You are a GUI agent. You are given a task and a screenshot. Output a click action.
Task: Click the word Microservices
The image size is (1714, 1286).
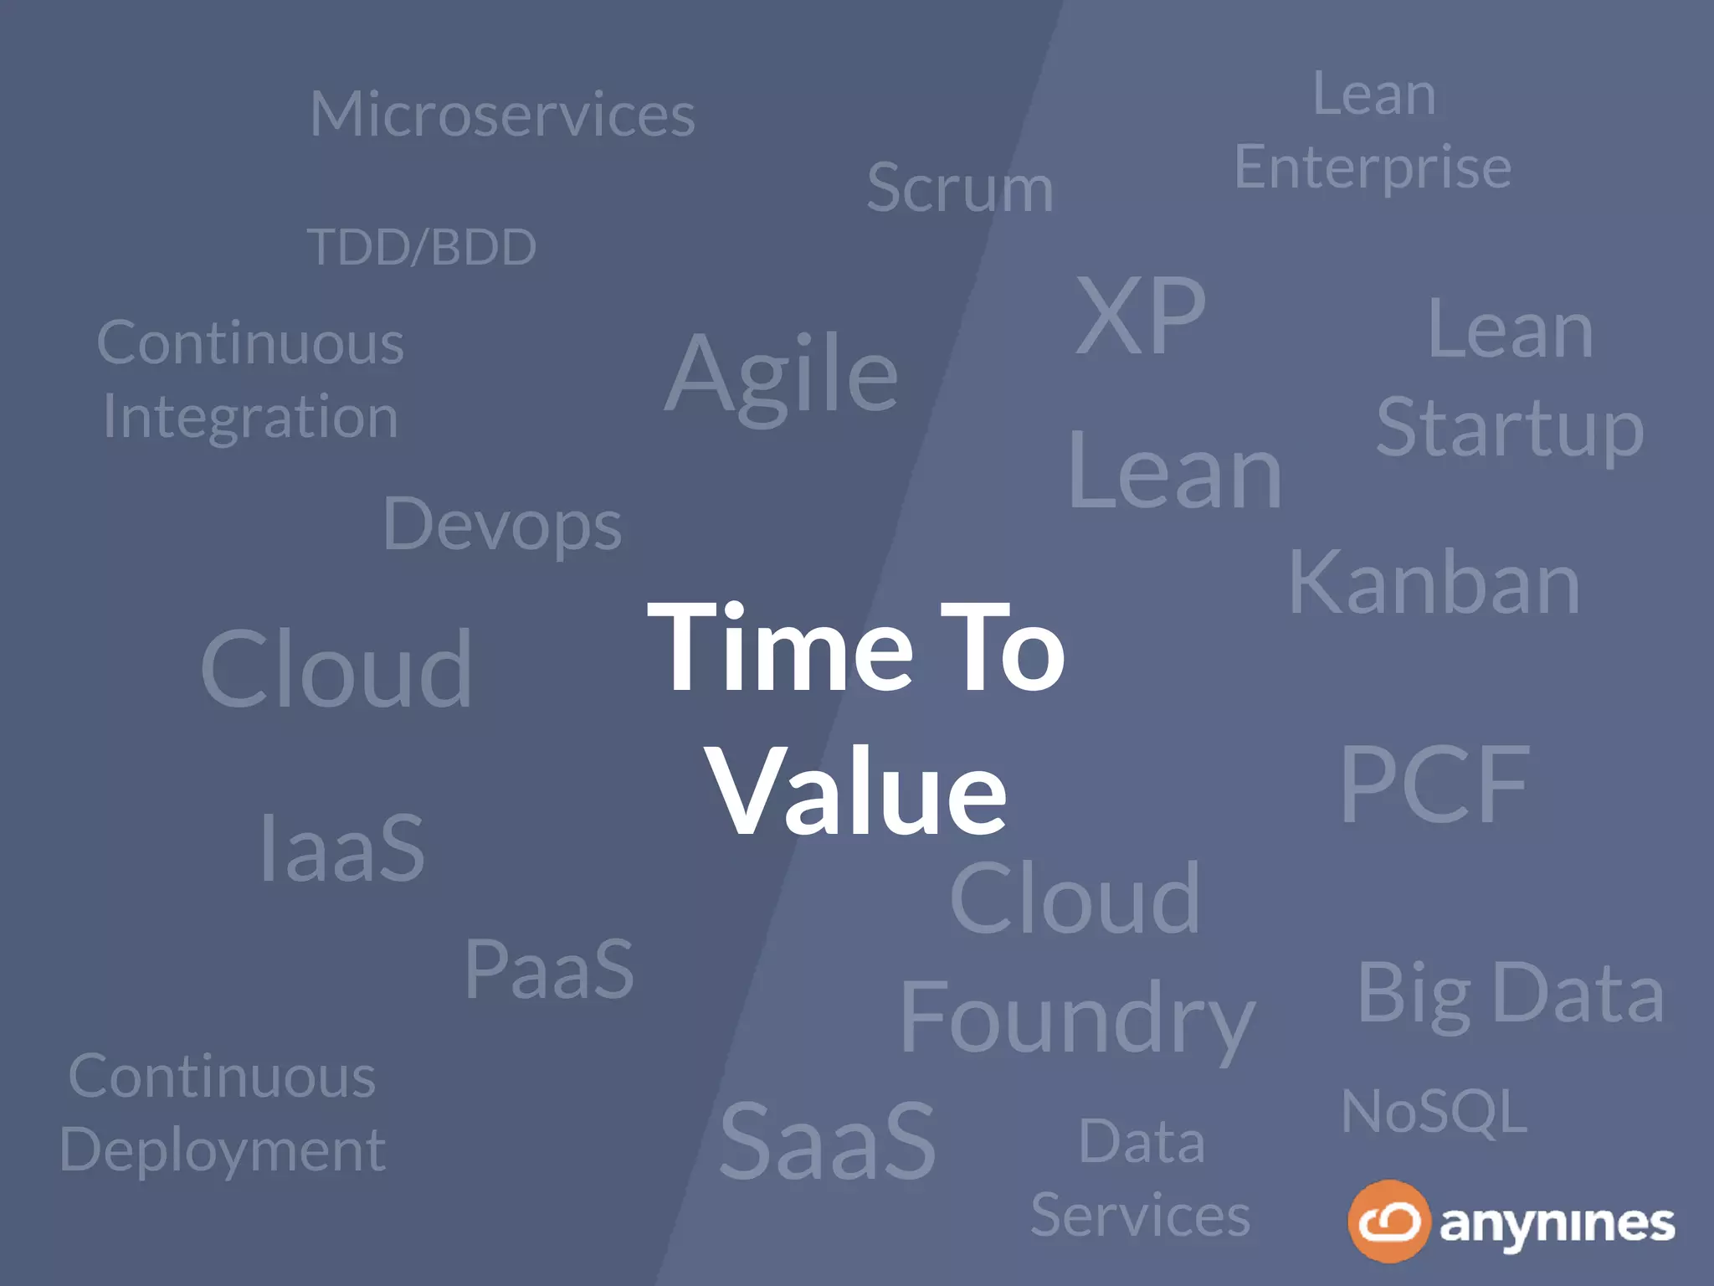(x=502, y=115)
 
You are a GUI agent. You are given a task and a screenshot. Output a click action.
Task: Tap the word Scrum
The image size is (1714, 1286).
(x=959, y=188)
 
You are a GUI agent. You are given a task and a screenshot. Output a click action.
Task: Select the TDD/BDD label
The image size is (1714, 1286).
(x=422, y=247)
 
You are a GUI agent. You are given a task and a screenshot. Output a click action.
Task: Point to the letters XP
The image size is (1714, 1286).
(x=1140, y=316)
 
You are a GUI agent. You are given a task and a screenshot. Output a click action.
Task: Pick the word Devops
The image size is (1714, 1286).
(x=502, y=526)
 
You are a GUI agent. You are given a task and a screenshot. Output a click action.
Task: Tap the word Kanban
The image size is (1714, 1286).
(x=1434, y=584)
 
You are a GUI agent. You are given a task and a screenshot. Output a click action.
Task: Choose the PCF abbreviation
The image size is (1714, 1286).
(x=1434, y=784)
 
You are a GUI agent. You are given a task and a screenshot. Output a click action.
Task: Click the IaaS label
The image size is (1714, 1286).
(x=342, y=849)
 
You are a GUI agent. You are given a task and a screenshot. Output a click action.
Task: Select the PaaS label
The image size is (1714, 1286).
(x=549, y=970)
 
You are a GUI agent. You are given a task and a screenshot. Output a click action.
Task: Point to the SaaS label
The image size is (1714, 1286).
(x=827, y=1140)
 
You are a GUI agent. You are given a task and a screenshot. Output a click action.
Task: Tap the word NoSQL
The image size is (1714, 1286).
(x=1434, y=1112)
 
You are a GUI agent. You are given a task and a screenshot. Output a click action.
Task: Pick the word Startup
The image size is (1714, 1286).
(x=1510, y=429)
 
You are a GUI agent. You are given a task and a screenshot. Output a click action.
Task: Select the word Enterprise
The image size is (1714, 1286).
(x=1373, y=167)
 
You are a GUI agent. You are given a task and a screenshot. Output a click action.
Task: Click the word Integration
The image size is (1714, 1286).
(x=250, y=417)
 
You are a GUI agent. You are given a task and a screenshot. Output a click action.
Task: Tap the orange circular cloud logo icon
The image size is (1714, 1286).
(x=1388, y=1221)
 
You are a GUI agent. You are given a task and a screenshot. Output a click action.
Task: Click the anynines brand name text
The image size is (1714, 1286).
(x=1557, y=1224)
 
